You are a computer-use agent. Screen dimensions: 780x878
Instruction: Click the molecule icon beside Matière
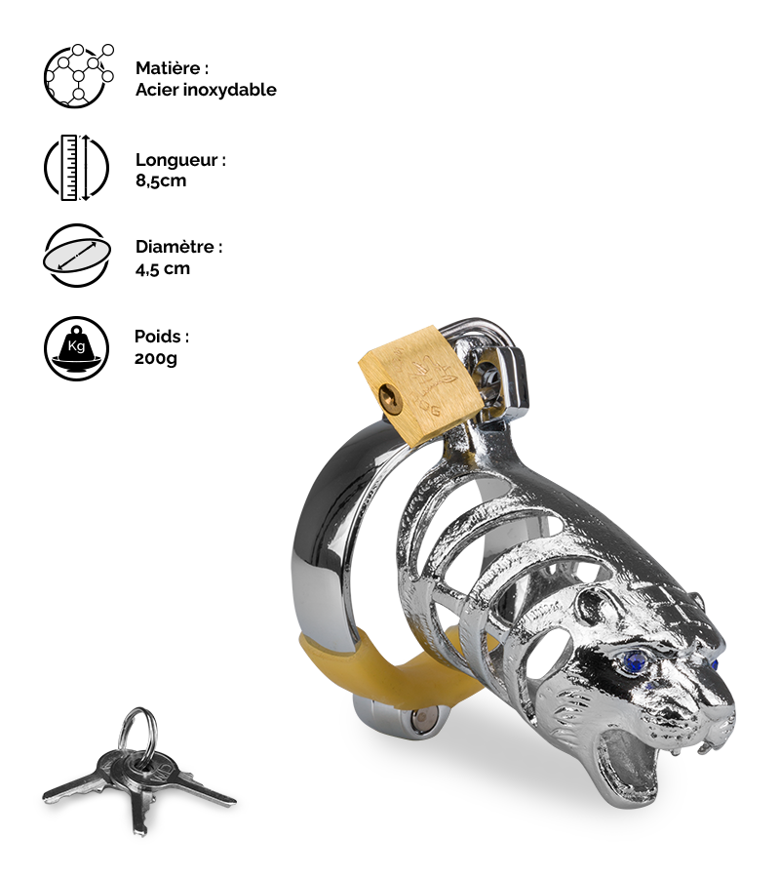(78, 76)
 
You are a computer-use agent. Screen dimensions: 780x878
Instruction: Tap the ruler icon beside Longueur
(76, 168)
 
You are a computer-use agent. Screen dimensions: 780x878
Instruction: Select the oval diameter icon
(77, 256)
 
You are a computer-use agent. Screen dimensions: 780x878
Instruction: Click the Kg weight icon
(76, 349)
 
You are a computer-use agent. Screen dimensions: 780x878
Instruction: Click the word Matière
(168, 68)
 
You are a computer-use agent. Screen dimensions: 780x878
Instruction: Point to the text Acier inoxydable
(206, 90)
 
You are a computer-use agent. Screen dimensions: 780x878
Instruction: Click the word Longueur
(176, 160)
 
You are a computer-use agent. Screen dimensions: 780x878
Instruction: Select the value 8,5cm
(161, 180)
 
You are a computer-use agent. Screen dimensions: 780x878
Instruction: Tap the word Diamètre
(175, 247)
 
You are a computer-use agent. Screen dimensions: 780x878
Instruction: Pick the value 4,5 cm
(162, 269)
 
